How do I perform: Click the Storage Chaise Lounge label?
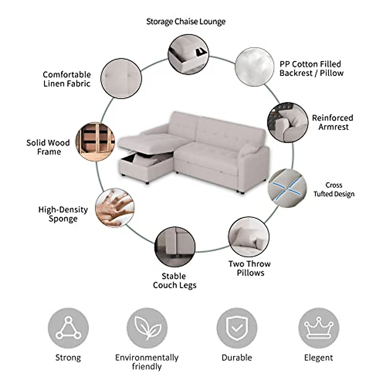coord(186,22)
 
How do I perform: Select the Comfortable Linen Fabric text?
coord(67,79)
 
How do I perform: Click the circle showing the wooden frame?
coord(96,141)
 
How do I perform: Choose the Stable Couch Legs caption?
coord(174,280)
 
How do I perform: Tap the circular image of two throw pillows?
coord(249,237)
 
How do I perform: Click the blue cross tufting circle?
coord(287,188)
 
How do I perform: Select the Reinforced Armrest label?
coord(333,122)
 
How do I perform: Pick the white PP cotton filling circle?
coord(254,67)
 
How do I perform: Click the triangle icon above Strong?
coord(68,328)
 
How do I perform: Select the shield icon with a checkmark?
coord(237,328)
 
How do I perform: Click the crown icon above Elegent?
coord(318,328)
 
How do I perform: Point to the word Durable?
coord(237,357)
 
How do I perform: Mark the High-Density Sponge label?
coord(63,214)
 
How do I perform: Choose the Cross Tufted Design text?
coord(334,189)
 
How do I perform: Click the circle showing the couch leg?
coord(175,247)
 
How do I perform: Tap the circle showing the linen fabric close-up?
coord(121,78)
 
